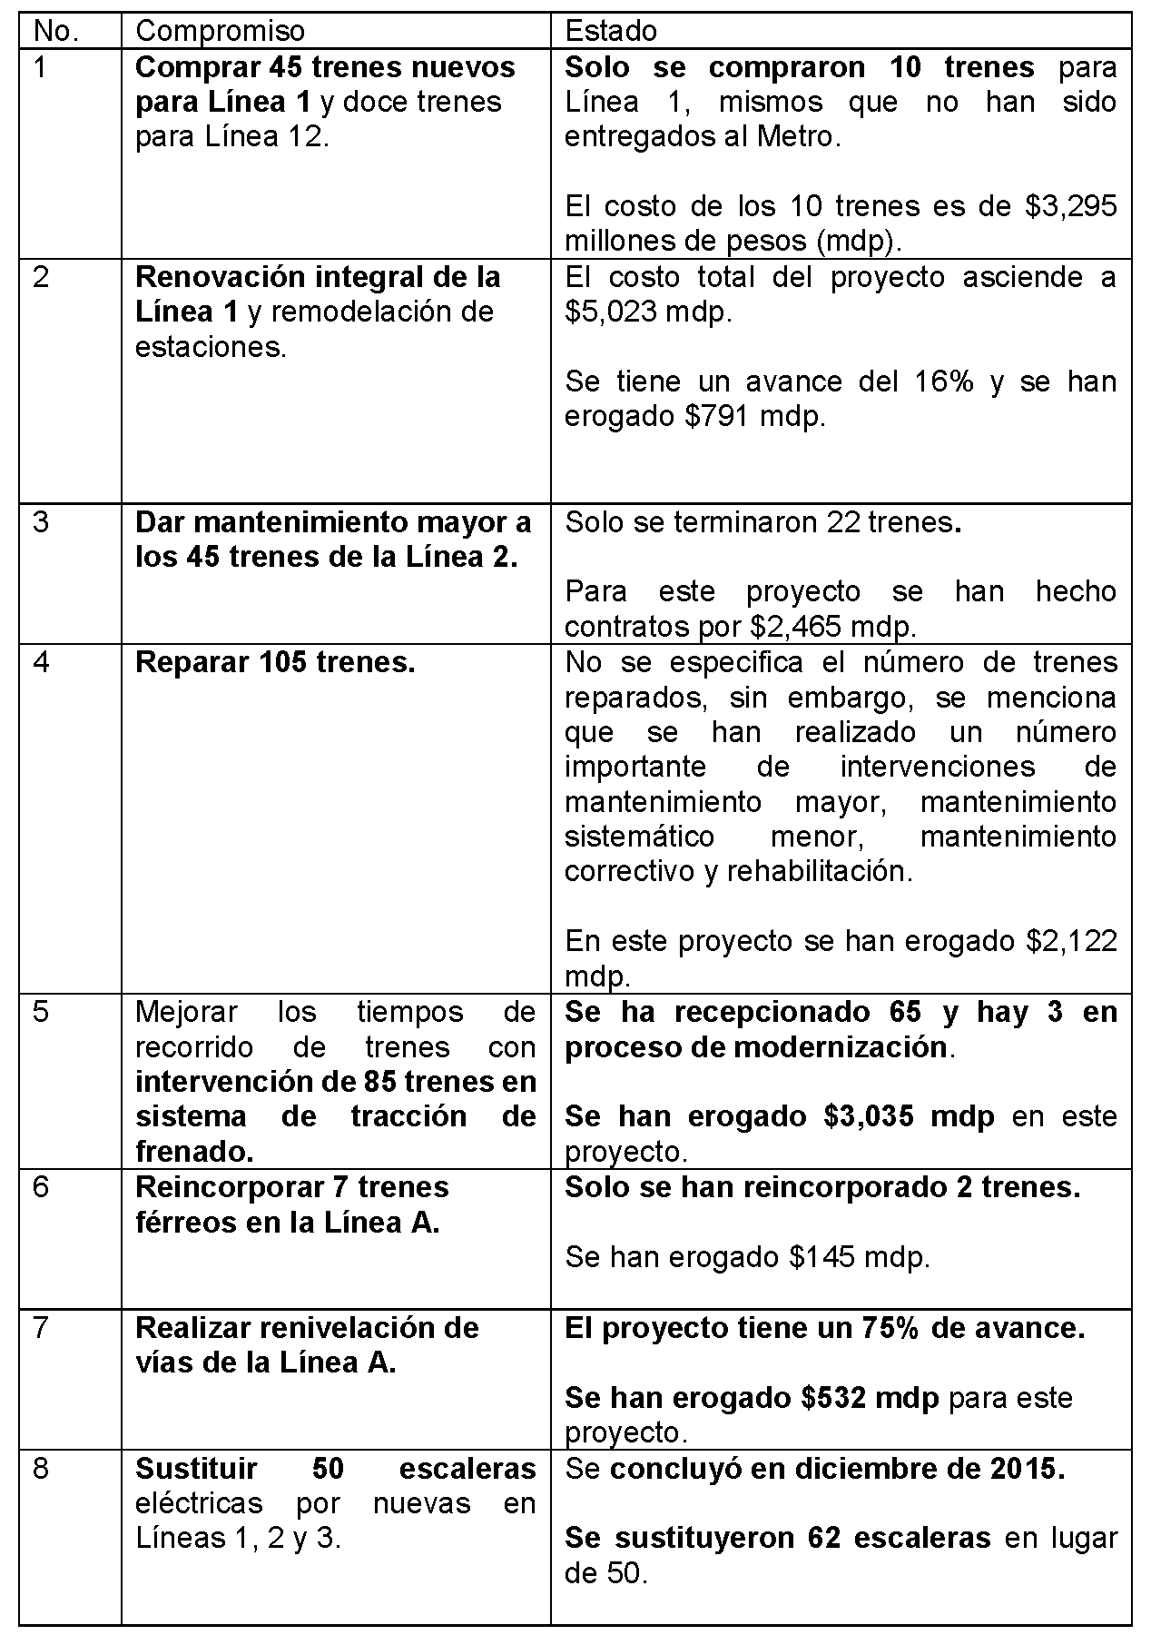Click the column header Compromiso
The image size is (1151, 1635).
(x=220, y=32)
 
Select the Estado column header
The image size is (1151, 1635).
(x=611, y=32)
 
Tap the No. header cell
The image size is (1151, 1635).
(x=56, y=32)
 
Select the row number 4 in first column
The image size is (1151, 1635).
(x=41, y=662)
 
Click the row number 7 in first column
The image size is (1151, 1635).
(x=41, y=1328)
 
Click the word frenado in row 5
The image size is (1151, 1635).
(x=192, y=1153)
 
